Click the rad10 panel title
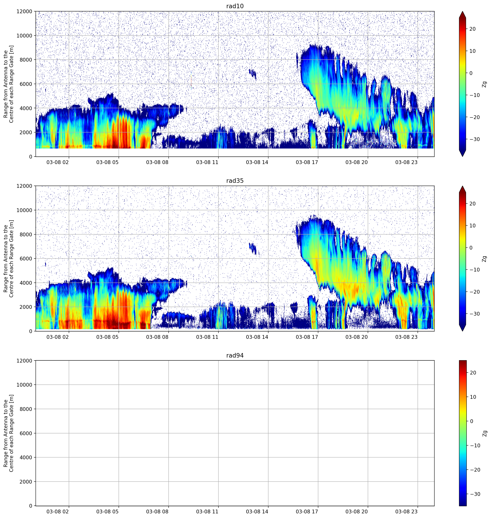(235, 6)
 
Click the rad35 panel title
(235, 181)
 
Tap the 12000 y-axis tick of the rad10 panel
(24, 11)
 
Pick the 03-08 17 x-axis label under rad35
(307, 337)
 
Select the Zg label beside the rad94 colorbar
(484, 433)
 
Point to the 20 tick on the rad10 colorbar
(472, 29)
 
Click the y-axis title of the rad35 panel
(8, 258)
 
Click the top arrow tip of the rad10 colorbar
(462, 11)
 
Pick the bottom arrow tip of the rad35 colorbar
(462, 331)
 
